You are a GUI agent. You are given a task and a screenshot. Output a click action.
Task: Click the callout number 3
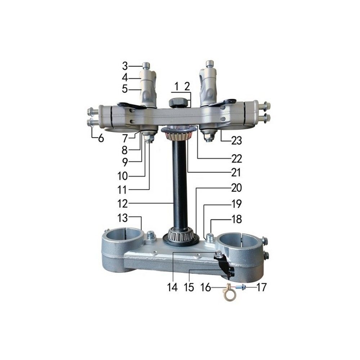125,66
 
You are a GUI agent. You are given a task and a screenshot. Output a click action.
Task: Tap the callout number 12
122,204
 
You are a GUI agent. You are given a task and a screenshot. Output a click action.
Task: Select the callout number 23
237,140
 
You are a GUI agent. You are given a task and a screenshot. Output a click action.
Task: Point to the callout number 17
261,287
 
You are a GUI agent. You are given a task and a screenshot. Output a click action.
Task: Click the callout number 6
101,139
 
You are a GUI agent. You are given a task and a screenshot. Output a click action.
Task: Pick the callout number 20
237,188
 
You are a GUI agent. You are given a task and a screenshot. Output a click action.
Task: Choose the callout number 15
189,287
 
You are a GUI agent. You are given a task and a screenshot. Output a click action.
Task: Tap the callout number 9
125,162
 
